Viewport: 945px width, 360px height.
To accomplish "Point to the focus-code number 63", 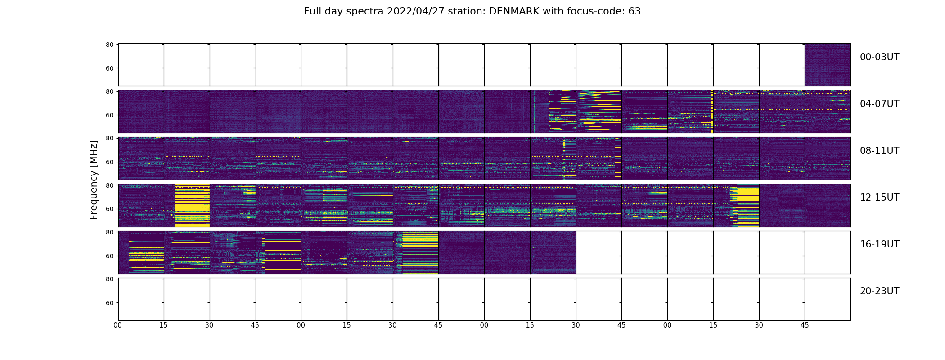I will pos(634,11).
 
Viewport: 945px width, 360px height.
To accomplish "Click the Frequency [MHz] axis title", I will pos(94,180).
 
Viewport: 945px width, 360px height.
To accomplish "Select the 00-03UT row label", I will pos(879,57).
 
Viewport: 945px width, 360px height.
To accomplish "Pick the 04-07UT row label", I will pos(879,104).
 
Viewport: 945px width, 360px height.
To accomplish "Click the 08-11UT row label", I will pos(879,151).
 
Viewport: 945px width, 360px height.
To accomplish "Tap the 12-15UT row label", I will pos(879,198).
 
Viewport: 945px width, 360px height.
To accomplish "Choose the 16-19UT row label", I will pos(879,244).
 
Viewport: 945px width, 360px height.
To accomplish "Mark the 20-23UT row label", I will pos(879,291).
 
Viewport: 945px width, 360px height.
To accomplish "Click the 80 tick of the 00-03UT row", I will pos(109,45).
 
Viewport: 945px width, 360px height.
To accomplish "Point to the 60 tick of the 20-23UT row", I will pos(109,303).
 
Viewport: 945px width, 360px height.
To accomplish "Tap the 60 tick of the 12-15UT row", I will pos(109,209).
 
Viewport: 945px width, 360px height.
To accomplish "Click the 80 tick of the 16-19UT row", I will pos(109,232).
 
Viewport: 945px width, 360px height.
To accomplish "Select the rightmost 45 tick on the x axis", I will pos(805,325).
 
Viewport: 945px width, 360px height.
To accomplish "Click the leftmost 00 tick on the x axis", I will pos(118,325).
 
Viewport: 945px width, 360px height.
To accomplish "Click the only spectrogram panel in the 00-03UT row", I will pos(828,65).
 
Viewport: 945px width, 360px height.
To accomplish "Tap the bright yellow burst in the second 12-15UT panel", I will pos(192,205).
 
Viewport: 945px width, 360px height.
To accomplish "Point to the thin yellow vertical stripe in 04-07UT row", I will pos(712,112).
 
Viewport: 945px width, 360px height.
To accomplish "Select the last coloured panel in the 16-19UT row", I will pos(553,252).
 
